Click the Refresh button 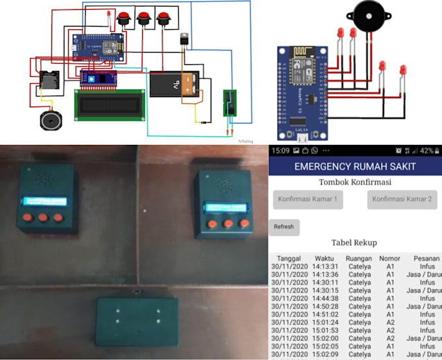[x=284, y=227]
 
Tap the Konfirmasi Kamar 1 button [x=308, y=199]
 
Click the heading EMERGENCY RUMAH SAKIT [x=355, y=166]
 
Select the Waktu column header [x=324, y=258]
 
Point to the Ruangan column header [x=359, y=258]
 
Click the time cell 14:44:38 [x=324, y=298]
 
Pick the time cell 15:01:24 [x=324, y=322]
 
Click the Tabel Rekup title [x=354, y=242]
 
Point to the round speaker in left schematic [x=50, y=121]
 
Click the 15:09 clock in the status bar [x=281, y=151]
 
